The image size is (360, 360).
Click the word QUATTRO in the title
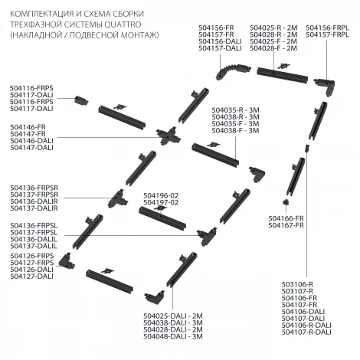(123, 25)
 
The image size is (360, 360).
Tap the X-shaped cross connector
(168, 136)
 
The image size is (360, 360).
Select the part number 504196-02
(161, 196)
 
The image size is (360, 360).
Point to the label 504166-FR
(286, 218)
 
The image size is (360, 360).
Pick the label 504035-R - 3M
(235, 110)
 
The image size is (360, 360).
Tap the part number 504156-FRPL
(327, 28)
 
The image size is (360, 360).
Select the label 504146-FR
(28, 127)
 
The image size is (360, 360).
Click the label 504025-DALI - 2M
(173, 316)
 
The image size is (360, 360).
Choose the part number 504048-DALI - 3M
(173, 336)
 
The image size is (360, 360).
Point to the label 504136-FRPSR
(34, 188)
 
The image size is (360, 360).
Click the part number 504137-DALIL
(34, 246)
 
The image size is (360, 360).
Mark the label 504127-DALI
(32, 277)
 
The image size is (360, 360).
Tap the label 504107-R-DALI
(306, 332)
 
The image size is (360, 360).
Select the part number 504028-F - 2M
(273, 48)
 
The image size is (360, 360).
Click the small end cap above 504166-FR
(286, 202)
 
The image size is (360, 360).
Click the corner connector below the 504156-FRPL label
(324, 86)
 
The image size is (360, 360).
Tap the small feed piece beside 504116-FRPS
(81, 100)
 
